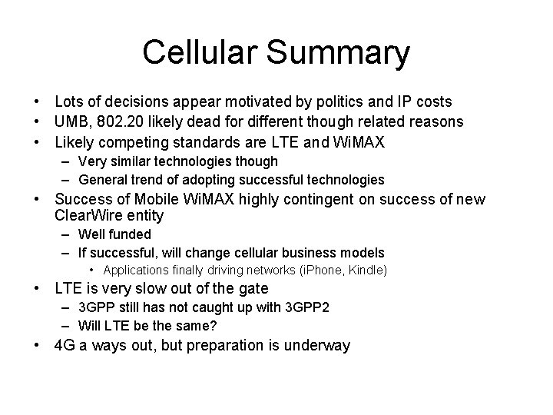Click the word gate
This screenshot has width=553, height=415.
(251, 289)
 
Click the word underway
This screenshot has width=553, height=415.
(317, 345)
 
